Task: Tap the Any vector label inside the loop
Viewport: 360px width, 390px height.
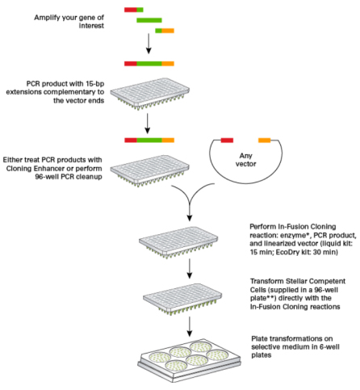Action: pos(245,160)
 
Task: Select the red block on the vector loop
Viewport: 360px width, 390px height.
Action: pos(227,140)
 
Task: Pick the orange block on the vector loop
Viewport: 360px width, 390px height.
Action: pos(264,140)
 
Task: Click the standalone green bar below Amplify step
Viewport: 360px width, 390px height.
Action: pos(149,20)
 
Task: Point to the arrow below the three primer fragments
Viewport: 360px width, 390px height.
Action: pos(149,44)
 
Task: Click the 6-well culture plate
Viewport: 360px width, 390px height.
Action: pos(189,359)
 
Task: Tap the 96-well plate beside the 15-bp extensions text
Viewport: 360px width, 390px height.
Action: pos(150,94)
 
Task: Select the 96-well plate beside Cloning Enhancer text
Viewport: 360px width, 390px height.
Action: pos(150,170)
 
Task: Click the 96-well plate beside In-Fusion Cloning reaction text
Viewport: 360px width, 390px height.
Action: pos(178,242)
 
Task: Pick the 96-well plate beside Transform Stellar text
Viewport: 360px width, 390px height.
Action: pos(182,300)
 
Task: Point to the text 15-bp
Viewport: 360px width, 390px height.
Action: pos(95,83)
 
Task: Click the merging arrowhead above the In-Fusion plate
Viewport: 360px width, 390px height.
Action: pos(190,218)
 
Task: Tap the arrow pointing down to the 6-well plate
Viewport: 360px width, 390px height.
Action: pos(190,326)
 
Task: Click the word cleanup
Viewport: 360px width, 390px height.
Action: pos(89,177)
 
